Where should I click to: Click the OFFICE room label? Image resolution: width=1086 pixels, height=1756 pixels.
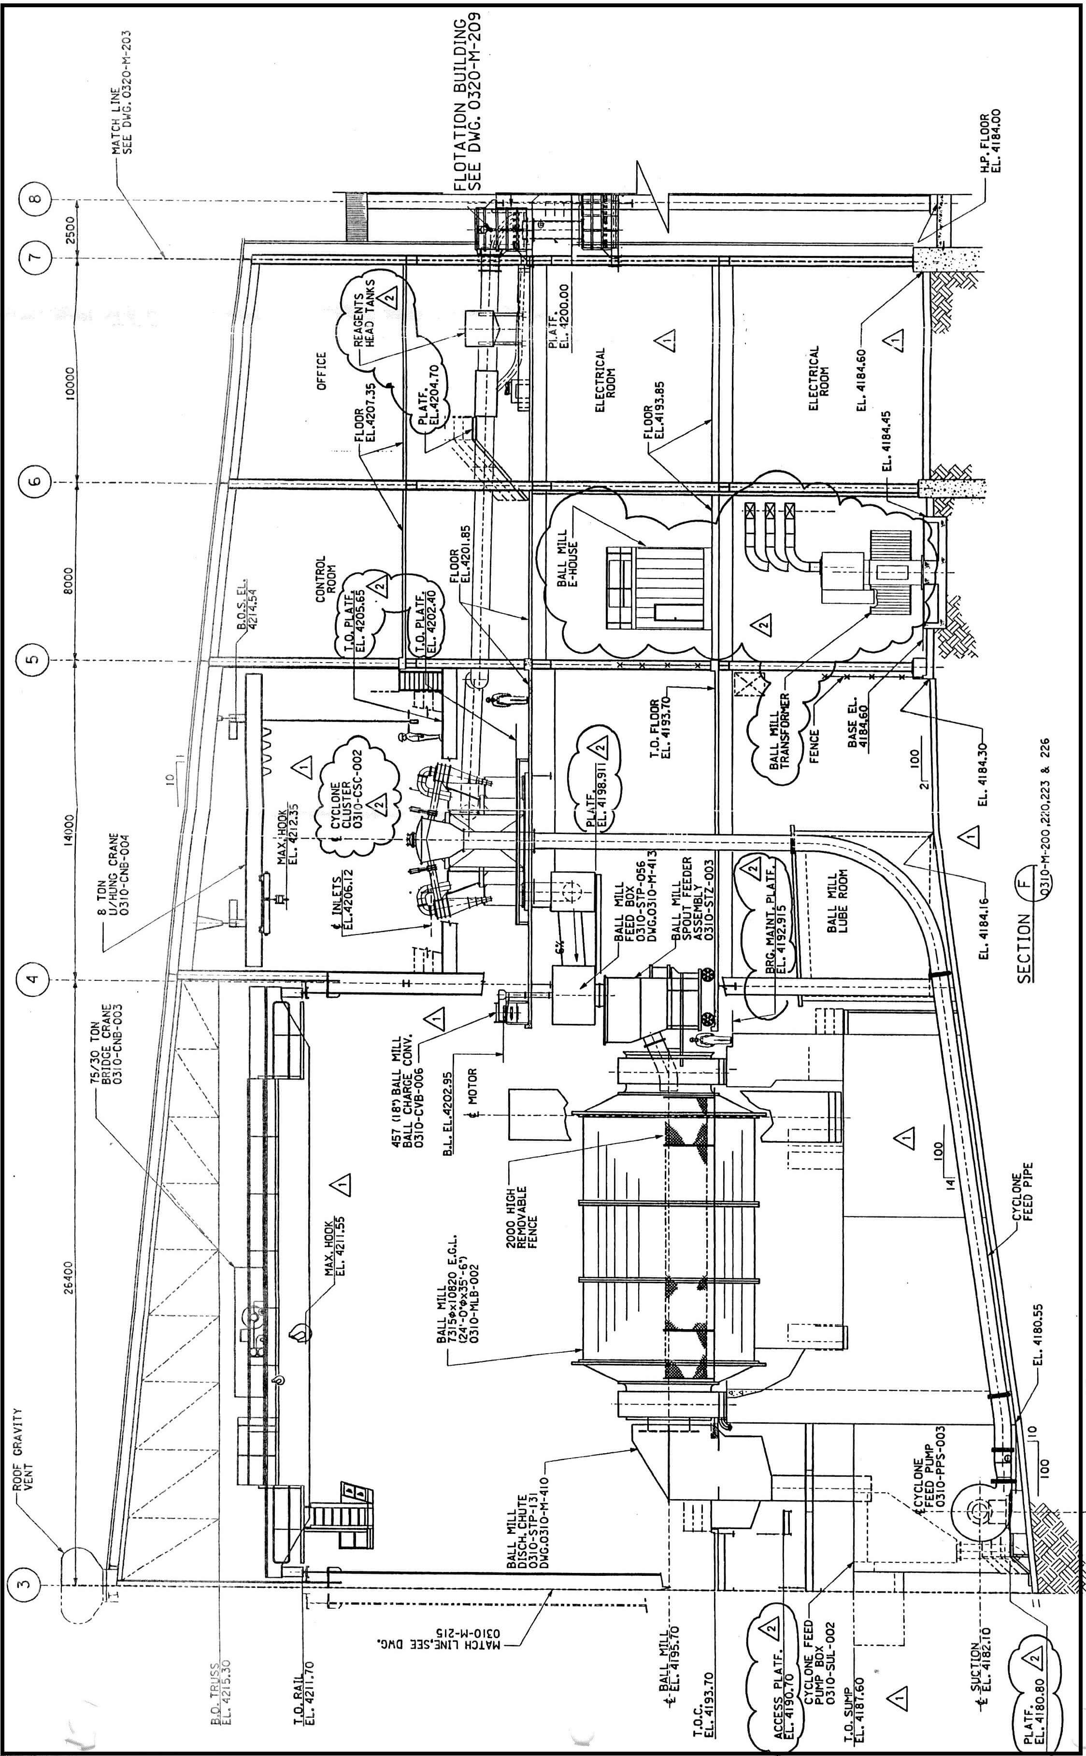pyautogui.click(x=321, y=370)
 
